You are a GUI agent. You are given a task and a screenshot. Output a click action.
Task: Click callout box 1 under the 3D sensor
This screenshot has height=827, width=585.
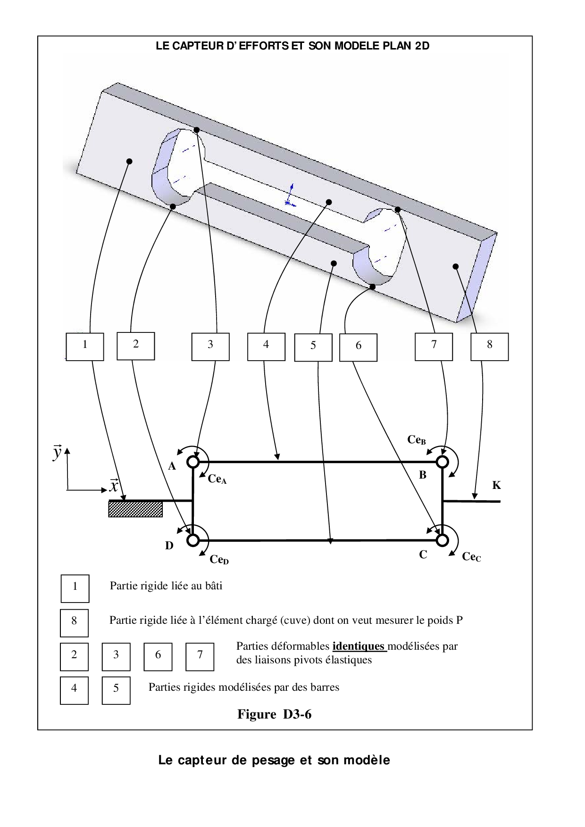tap(85, 347)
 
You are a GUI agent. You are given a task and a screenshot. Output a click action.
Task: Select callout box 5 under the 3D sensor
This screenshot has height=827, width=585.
tap(313, 347)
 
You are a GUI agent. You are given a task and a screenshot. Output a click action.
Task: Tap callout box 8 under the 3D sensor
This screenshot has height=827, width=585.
tap(490, 347)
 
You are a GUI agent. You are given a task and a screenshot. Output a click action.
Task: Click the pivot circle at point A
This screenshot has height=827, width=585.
tap(193, 462)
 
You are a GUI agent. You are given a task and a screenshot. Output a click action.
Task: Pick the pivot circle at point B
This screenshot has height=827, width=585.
tap(442, 462)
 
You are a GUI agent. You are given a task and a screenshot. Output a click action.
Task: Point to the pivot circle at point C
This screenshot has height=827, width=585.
tap(442, 540)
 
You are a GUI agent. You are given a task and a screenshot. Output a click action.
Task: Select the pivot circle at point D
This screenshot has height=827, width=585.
tap(193, 540)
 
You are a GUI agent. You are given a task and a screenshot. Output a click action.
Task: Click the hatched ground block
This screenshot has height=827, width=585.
tap(135, 509)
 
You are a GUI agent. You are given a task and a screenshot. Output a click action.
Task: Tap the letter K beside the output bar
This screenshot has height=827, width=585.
tap(496, 485)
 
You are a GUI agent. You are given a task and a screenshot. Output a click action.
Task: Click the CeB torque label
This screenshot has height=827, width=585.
tap(417, 440)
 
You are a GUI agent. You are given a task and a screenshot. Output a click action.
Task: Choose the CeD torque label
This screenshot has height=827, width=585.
tap(219, 560)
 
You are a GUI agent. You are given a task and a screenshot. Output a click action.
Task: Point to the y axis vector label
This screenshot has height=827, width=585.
tap(57, 452)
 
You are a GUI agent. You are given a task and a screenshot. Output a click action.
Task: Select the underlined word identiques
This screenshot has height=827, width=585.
tap(359, 646)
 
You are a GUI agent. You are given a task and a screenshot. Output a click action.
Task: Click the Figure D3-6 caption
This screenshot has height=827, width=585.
tap(274, 714)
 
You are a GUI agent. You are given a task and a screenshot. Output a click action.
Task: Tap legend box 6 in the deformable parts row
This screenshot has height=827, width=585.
tap(158, 656)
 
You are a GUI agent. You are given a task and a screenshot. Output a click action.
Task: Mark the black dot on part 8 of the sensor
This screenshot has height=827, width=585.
tap(456, 266)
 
